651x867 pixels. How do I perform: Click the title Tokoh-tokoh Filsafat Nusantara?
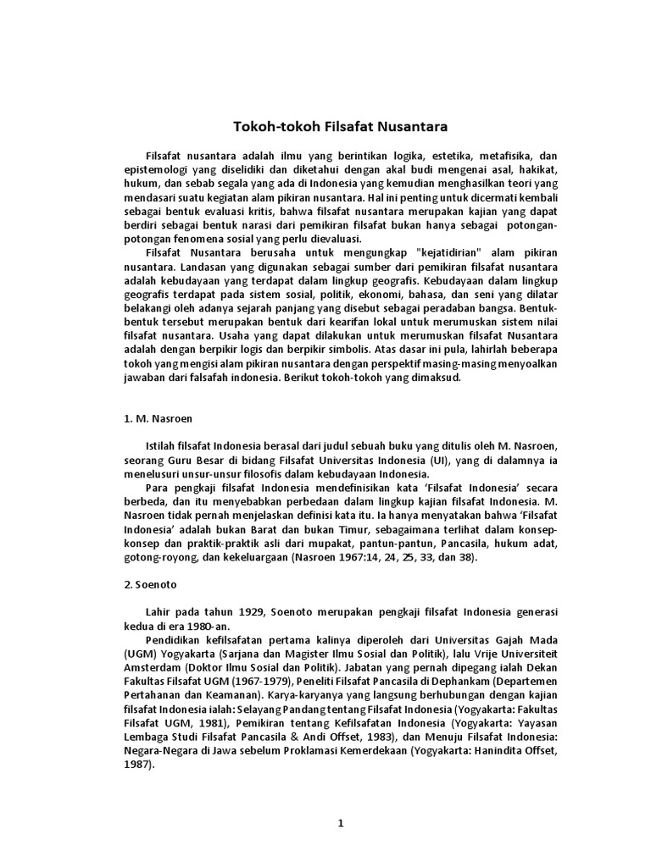tap(340, 127)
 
